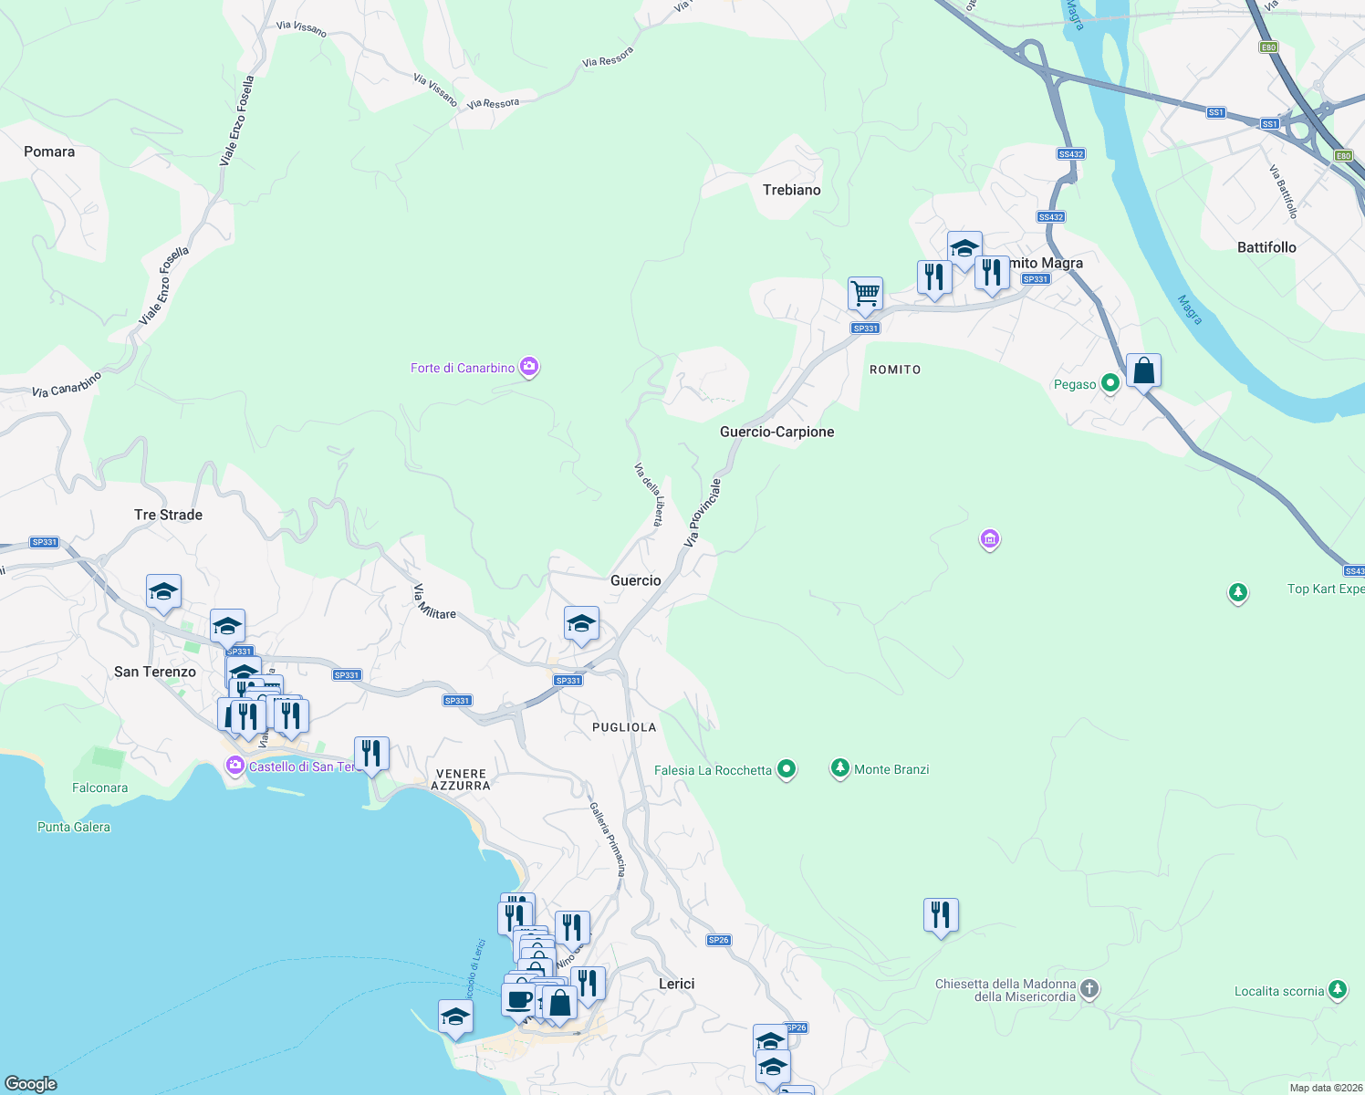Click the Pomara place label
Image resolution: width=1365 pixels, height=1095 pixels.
click(x=49, y=151)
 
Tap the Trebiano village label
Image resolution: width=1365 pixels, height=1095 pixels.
click(x=791, y=190)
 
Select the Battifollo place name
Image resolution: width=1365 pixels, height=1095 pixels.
click(x=1266, y=247)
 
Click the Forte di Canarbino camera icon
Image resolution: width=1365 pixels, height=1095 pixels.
click(x=529, y=368)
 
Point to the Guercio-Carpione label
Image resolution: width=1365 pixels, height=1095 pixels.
click(x=776, y=432)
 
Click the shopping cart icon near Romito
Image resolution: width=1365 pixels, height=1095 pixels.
click(x=865, y=294)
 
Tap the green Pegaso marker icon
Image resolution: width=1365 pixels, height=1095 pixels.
click(x=1110, y=384)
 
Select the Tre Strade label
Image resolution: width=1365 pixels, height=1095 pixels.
click(x=168, y=515)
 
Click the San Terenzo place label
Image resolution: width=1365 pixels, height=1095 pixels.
click(x=155, y=672)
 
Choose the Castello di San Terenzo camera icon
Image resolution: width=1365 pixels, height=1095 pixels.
click(x=235, y=766)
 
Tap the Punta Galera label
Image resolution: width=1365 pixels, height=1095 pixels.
click(x=74, y=827)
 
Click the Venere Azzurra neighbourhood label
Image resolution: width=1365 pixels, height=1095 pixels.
click(x=461, y=779)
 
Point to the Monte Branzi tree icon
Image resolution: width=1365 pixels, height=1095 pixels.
click(x=839, y=769)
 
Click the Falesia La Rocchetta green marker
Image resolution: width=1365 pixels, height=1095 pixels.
click(x=787, y=770)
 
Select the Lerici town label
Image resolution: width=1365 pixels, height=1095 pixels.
click(x=676, y=984)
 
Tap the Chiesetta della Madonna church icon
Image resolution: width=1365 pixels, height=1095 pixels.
click(x=1089, y=989)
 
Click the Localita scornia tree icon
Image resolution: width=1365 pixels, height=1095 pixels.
click(x=1338, y=990)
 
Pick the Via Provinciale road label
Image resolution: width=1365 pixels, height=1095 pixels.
click(x=703, y=514)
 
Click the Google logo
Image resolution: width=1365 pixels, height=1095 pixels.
click(x=31, y=1083)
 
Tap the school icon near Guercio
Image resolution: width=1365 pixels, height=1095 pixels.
click(x=581, y=624)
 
